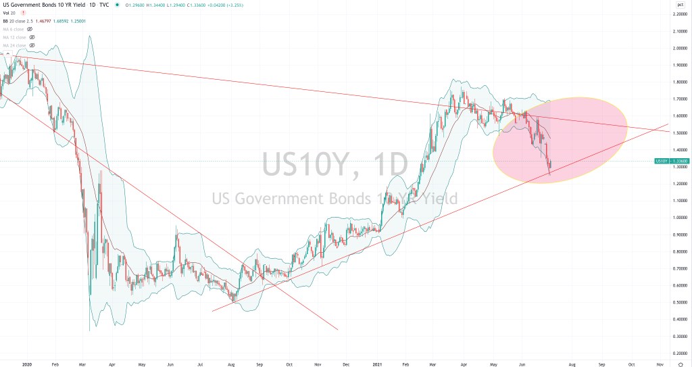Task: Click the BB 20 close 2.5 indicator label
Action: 18,22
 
